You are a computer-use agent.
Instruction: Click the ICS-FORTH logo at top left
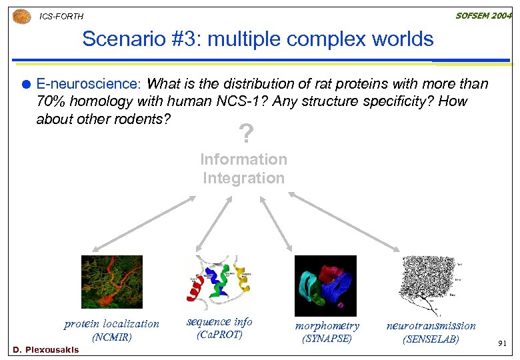[22, 15]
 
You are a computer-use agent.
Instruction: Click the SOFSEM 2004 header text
[483, 15]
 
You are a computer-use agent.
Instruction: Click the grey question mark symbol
[246, 135]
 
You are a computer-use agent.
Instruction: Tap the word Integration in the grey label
[243, 178]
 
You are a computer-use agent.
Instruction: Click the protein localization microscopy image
[112, 282]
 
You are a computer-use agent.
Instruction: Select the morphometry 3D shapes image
[325, 285]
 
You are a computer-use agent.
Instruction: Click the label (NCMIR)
[112, 337]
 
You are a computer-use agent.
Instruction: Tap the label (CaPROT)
[219, 335]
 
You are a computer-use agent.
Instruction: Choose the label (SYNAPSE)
[327, 339]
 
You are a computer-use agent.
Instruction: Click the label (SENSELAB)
[431, 339]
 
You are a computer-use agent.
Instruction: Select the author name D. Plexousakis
[46, 350]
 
